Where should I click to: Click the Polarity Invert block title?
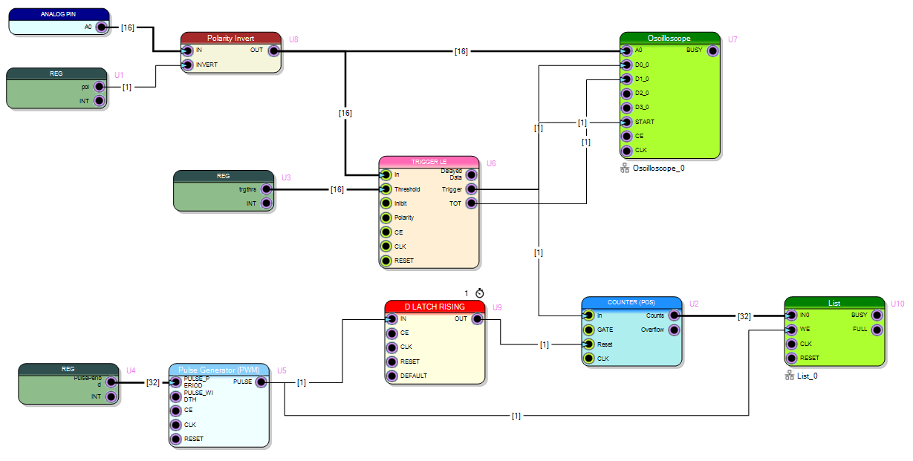pyautogui.click(x=231, y=38)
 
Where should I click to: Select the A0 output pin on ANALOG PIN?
pyautogui.click(x=104, y=27)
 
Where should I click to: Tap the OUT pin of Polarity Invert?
pyautogui.click(x=273, y=50)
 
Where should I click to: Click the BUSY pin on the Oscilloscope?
pyautogui.click(x=712, y=50)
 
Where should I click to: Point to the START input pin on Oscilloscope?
pyautogui.click(x=627, y=122)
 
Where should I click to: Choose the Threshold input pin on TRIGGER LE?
pyautogui.click(x=386, y=189)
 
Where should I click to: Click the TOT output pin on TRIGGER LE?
pyautogui.click(x=471, y=203)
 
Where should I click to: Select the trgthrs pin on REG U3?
pyautogui.click(x=266, y=189)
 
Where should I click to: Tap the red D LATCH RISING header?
pyautogui.click(x=435, y=307)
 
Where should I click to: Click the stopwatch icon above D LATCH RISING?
pyautogui.click(x=479, y=293)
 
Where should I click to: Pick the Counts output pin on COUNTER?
pyautogui.click(x=674, y=315)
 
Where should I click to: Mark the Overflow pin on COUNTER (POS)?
pyautogui.click(x=674, y=330)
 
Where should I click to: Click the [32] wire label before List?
pyautogui.click(x=744, y=316)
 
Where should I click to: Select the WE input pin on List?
pyautogui.click(x=792, y=330)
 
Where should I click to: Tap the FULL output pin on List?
pyautogui.click(x=877, y=330)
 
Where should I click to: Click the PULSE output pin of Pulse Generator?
pyautogui.click(x=261, y=382)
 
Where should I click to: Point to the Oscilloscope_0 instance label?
pyautogui.click(x=657, y=169)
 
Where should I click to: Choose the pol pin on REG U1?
pyautogui.click(x=99, y=87)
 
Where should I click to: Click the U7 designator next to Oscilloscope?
pyautogui.click(x=732, y=39)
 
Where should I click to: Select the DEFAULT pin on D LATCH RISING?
pyautogui.click(x=392, y=376)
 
